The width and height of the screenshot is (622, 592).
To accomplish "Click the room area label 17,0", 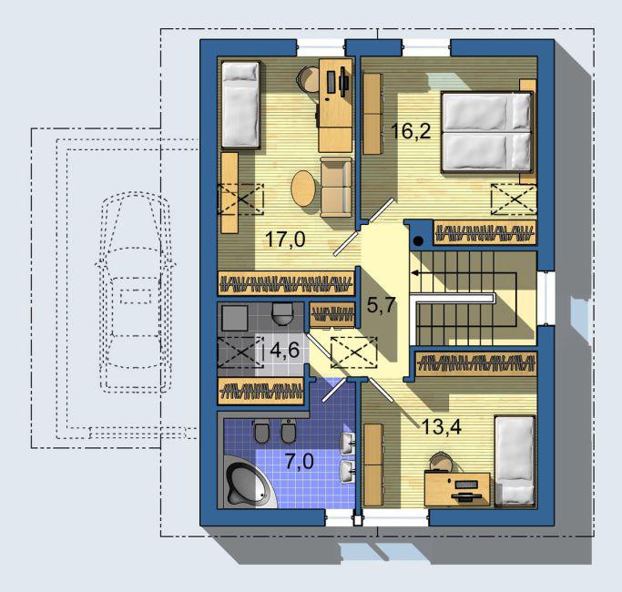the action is pyautogui.click(x=285, y=240).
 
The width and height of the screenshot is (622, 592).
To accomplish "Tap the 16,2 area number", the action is pyautogui.click(x=411, y=130).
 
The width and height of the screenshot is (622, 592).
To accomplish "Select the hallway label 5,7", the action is pyautogui.click(x=382, y=305).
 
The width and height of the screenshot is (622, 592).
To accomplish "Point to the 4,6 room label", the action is pyautogui.click(x=284, y=350).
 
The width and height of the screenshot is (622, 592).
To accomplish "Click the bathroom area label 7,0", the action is pyautogui.click(x=300, y=462).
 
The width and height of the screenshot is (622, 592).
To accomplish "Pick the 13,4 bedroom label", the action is pyautogui.click(x=442, y=427).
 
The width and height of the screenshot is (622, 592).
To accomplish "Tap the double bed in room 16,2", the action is pyautogui.click(x=486, y=132).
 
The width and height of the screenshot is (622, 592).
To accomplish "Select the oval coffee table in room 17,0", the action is pyautogui.click(x=303, y=189).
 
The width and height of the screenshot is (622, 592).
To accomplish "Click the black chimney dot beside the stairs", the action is pyautogui.click(x=418, y=240).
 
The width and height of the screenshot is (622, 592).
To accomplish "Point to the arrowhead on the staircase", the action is pyautogui.click(x=413, y=273).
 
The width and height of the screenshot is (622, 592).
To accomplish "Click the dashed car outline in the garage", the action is pyautogui.click(x=136, y=292).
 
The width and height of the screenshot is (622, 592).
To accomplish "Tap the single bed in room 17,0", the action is pyautogui.click(x=240, y=105).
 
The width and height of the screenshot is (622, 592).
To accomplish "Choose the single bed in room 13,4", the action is pyautogui.click(x=515, y=460).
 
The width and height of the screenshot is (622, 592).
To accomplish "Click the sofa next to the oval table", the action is pyautogui.click(x=336, y=187).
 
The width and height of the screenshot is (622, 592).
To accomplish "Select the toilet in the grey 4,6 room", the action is pyautogui.click(x=282, y=313).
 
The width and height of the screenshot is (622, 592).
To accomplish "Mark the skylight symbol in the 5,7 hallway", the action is pyautogui.click(x=354, y=352).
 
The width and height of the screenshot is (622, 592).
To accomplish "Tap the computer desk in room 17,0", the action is pyautogui.click(x=336, y=105).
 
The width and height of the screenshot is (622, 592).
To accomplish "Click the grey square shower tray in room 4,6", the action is pyautogui.click(x=235, y=318).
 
